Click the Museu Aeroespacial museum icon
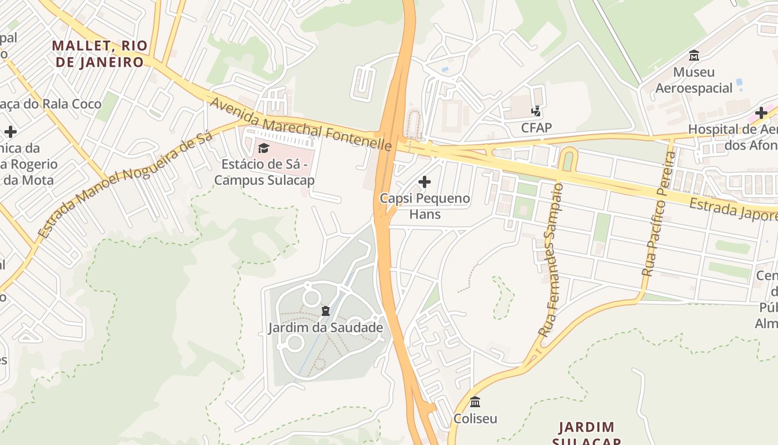[694, 56]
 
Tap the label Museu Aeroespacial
[694, 80]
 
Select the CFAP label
[536, 128]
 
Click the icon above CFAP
[536, 111]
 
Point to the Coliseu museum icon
[475, 402]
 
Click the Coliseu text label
[475, 419]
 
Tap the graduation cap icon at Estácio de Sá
[263, 148]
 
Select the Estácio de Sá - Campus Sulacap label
[265, 172]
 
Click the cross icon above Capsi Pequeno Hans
[425, 181]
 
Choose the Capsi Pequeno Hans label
[425, 206]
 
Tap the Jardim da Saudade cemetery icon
[326, 310]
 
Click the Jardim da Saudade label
[326, 328]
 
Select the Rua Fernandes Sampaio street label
[551, 260]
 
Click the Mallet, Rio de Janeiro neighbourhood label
[100, 53]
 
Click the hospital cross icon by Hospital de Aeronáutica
[761, 113]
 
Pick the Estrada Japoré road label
[732, 210]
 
